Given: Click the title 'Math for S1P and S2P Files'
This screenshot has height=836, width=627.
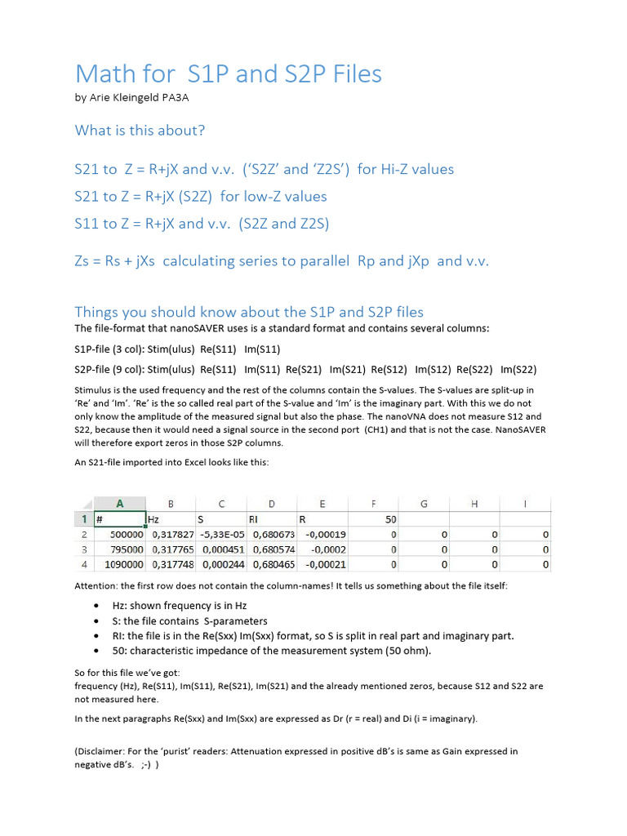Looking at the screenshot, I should coord(228,74).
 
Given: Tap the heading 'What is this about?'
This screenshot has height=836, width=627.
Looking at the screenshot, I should coord(140,131).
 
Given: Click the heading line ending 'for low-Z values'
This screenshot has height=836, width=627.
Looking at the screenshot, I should coord(201,197).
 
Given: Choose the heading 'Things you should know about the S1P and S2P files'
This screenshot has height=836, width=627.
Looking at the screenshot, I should coord(249,312).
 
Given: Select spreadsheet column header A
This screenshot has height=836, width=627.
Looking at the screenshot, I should coord(119,504).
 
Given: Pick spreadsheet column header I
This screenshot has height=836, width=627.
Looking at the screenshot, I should coord(525,504).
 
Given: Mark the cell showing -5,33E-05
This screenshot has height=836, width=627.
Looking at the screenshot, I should coord(220,534).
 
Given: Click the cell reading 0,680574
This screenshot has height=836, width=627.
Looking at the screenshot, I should coord(271,549).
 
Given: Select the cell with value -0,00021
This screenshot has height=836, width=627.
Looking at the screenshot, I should coord(325,564).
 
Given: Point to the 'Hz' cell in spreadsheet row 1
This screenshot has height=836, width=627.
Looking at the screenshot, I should coord(153,518).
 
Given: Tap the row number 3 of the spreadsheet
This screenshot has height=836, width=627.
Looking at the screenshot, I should coord(84,549).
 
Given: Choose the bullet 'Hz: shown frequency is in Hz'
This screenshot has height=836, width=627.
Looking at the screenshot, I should coord(179,606).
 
